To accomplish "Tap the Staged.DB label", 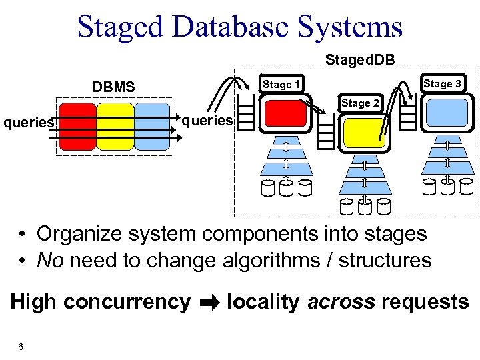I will pos(359,60).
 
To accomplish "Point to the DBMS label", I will pos(113,87).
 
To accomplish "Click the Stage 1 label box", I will pos(281,84).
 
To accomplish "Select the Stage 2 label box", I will pos(360,103).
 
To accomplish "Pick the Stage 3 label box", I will pos(442,83).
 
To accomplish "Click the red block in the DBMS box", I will pos(77,125).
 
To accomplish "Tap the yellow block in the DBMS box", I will pos(115,125).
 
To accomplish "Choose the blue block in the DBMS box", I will pos(152,125).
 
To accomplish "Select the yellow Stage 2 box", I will pos(364,132).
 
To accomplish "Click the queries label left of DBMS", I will pos(29,122).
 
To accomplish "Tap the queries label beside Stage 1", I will pos(207,121).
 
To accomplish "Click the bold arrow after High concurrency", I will pos(208,303).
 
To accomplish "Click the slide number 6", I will pos(21,347).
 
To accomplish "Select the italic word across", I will pos(341,302).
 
